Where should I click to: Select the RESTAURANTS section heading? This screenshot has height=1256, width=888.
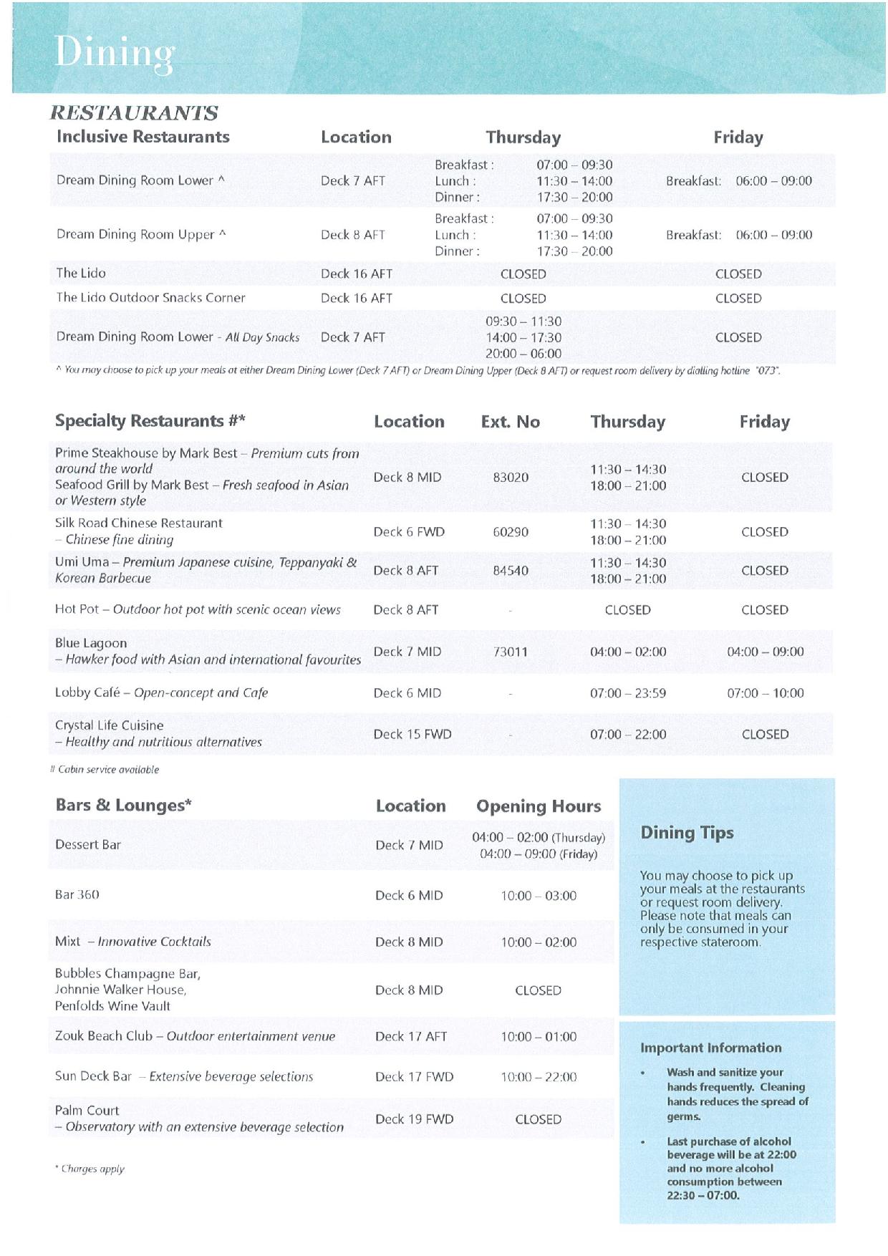click(134, 112)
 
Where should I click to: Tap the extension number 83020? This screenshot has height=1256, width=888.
click(511, 477)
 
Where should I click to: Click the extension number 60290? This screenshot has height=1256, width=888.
click(511, 532)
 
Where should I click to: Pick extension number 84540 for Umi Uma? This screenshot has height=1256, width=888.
click(511, 571)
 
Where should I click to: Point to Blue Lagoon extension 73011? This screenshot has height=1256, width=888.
click(511, 652)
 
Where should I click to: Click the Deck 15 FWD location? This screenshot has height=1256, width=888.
click(412, 734)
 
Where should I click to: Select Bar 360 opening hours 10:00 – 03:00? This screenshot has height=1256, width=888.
click(539, 895)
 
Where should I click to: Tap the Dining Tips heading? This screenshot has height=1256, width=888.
click(687, 832)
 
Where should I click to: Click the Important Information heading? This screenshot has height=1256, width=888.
click(710, 1048)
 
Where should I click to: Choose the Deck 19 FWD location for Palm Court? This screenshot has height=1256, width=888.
click(414, 1119)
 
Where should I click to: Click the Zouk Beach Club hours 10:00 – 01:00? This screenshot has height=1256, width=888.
click(539, 1036)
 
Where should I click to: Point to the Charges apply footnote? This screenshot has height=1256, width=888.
click(90, 1169)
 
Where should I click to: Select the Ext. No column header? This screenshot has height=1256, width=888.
click(510, 422)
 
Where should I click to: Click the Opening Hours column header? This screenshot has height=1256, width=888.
click(539, 806)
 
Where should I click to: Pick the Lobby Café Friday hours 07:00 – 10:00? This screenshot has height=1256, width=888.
click(765, 692)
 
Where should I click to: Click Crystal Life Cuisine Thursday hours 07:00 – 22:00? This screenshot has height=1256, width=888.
click(628, 734)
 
